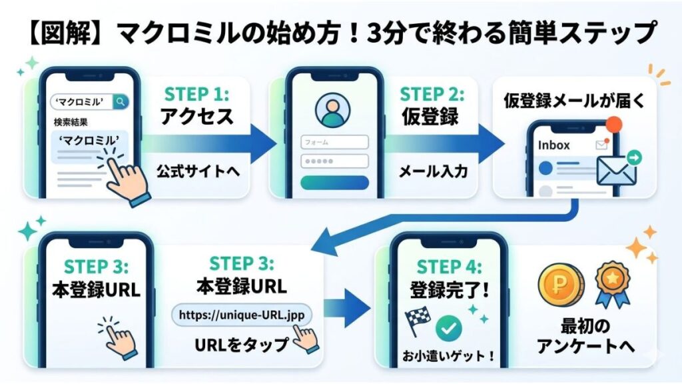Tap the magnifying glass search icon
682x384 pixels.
[121, 101]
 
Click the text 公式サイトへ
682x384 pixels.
[198, 171]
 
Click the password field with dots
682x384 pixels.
[334, 161]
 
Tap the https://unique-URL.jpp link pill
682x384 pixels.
[242, 315]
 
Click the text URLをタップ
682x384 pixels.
[240, 345]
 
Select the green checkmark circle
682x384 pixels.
[448, 328]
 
